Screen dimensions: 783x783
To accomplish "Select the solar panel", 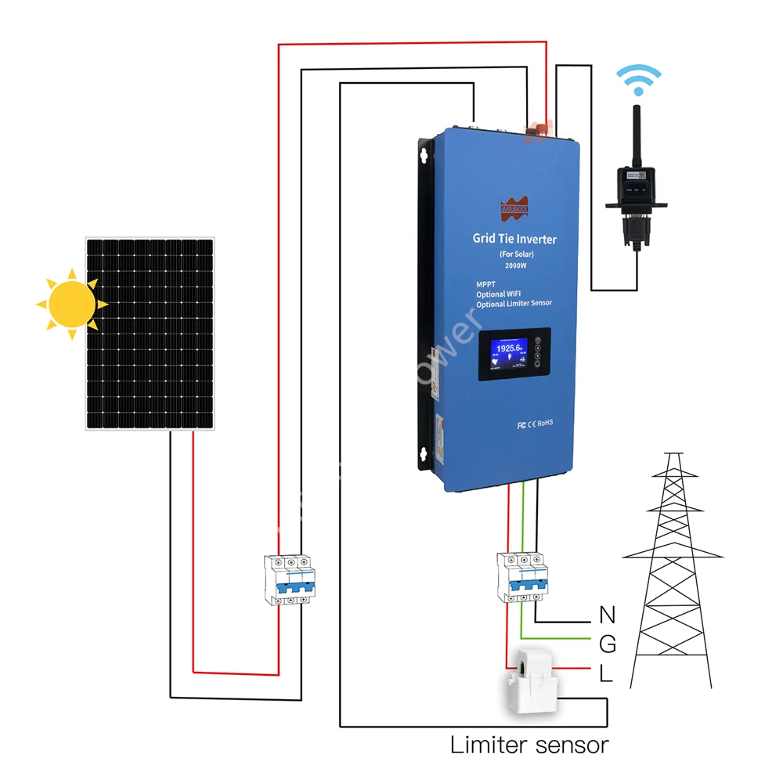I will (150, 334).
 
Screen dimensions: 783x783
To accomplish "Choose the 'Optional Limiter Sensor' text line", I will (514, 303).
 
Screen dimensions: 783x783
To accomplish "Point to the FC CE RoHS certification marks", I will (535, 423).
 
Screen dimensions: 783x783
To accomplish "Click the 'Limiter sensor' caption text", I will (529, 745).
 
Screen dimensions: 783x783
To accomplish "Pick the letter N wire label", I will (607, 615).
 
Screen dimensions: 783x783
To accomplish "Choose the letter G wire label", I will (607, 644).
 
